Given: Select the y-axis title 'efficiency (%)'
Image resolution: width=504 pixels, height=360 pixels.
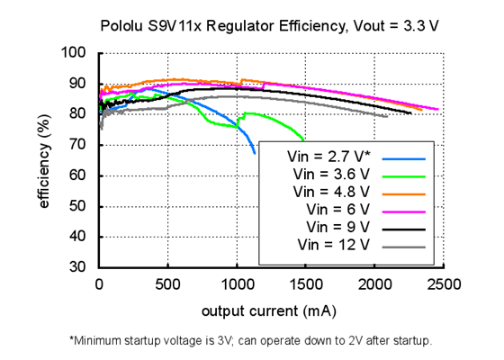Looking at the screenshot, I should click(43, 160).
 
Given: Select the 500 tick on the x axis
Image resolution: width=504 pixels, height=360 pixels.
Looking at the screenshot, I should click(167, 284).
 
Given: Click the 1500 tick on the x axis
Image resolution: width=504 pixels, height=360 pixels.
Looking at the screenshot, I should click(305, 284).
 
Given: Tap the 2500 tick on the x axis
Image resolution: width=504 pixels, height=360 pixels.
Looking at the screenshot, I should click(443, 284).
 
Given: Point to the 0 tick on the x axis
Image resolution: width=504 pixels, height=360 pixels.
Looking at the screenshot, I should click(99, 284).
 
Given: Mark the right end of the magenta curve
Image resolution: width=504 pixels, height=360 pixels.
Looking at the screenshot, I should click(437, 109).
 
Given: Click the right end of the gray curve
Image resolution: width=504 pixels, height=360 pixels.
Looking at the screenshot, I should click(387, 116).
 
